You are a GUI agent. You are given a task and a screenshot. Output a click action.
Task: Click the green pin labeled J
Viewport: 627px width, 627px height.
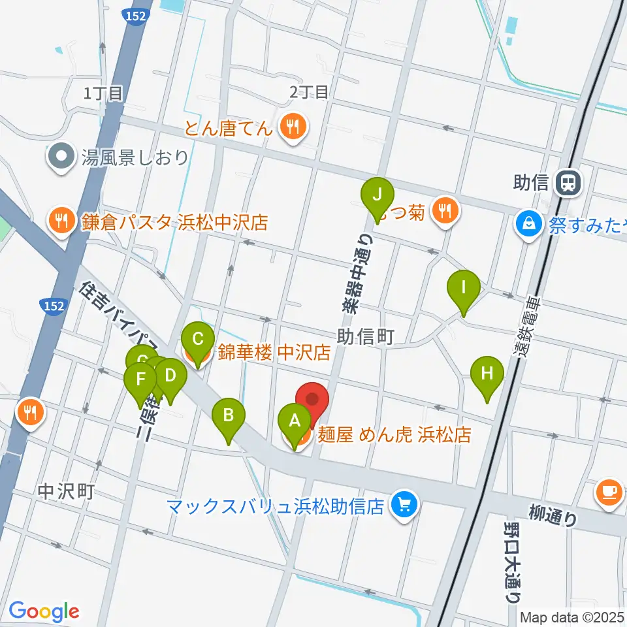click(x=377, y=195)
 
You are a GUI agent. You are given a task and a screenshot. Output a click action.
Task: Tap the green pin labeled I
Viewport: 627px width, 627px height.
click(x=464, y=287)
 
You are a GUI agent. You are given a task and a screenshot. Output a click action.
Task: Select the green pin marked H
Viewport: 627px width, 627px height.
click(x=487, y=374)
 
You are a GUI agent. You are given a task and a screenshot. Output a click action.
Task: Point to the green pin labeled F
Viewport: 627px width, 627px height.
click(x=140, y=379)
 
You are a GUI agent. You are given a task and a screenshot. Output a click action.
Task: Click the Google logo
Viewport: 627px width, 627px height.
click(x=44, y=611)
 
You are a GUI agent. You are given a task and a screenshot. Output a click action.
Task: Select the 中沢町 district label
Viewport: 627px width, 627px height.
click(x=66, y=491)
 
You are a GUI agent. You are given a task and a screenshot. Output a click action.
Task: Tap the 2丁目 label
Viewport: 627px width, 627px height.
click(x=308, y=93)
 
